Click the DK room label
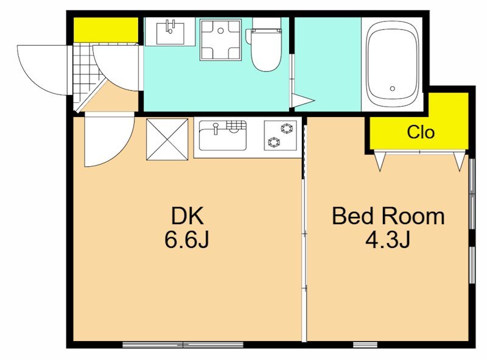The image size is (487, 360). [187, 216]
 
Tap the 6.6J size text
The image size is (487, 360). [187, 240]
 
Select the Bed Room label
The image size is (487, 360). [388, 216]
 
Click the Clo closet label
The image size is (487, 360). [421, 132]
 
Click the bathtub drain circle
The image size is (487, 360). [392, 88]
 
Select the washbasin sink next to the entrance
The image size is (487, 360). [170, 32]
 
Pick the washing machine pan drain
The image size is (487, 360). [220, 30]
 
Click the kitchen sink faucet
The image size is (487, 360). [215, 128]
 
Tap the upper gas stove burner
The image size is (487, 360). [286, 128]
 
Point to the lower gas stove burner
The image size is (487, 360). [273, 143]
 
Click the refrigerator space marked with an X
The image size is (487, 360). [167, 139]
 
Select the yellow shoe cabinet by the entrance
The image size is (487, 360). [106, 29]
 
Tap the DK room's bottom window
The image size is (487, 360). [183, 344]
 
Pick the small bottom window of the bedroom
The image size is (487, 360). [365, 344]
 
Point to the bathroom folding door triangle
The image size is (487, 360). [302, 101]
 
